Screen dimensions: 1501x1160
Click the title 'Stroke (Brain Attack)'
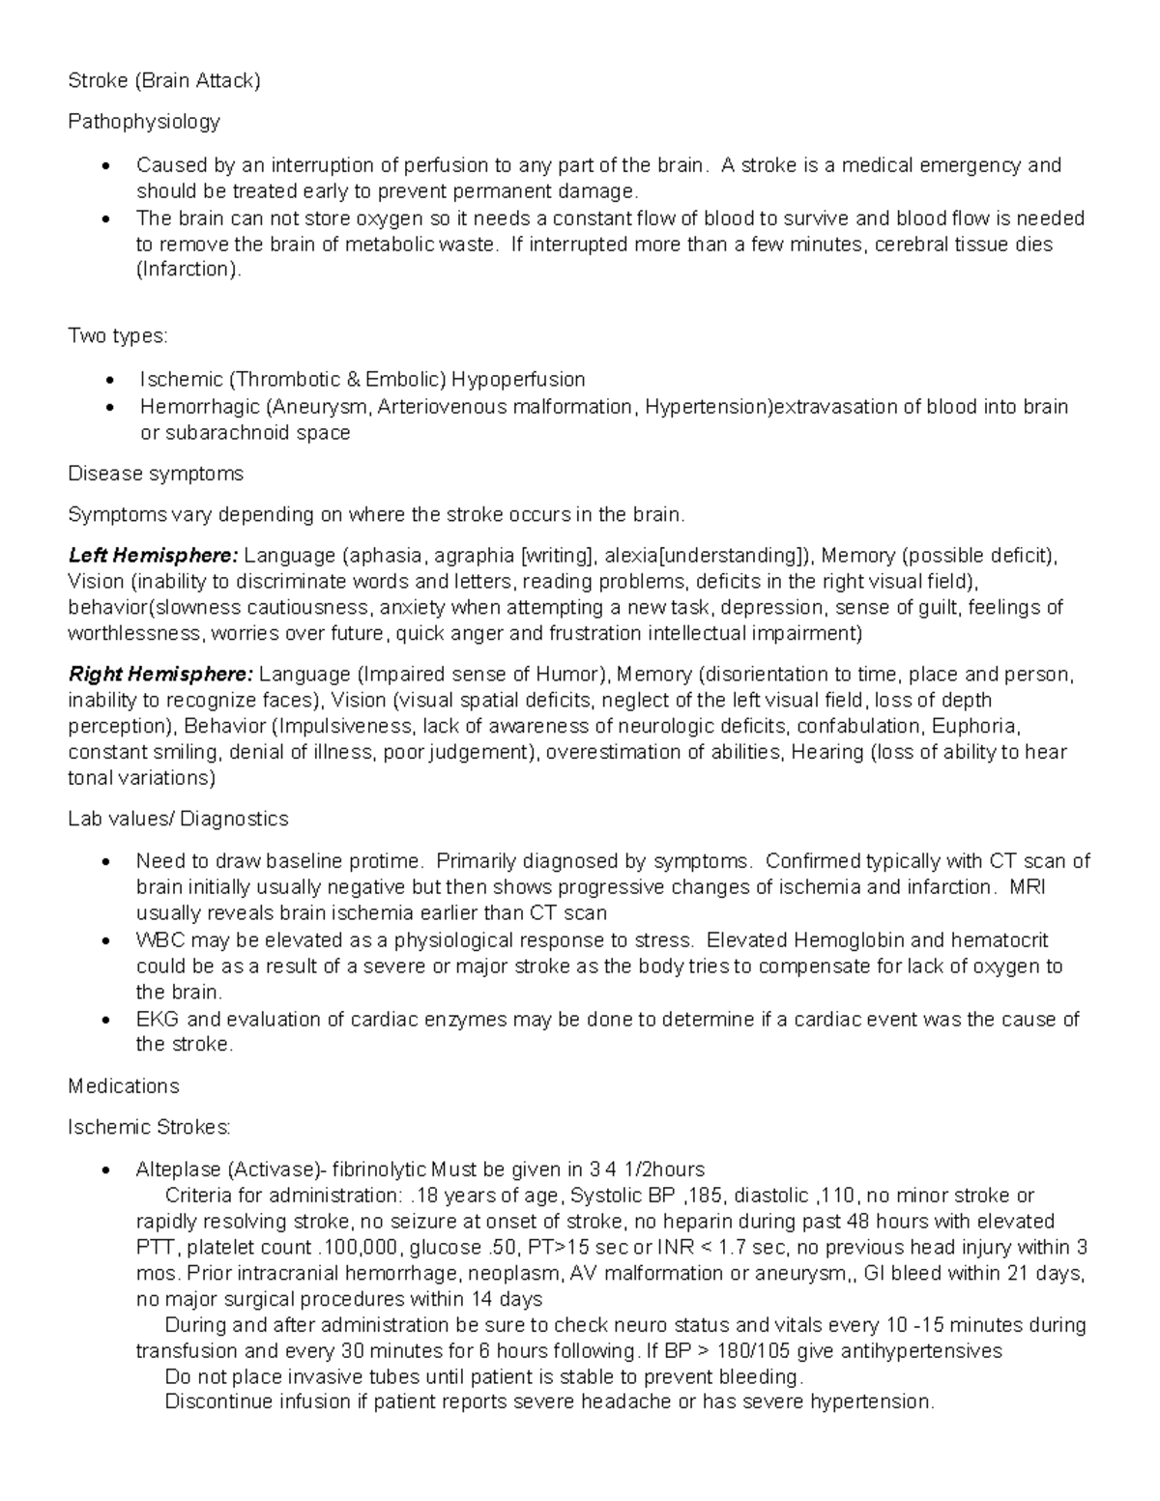(164, 80)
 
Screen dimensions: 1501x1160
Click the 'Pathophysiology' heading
(144, 122)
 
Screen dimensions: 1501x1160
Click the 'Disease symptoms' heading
(156, 474)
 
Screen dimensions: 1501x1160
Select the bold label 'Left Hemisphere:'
(153, 556)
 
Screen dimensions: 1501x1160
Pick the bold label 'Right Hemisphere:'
(160, 674)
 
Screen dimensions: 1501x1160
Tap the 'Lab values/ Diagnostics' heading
(178, 819)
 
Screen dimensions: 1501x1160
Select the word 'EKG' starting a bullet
(158, 1019)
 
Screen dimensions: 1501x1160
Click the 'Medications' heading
(124, 1086)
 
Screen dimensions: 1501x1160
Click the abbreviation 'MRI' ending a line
(1027, 887)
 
